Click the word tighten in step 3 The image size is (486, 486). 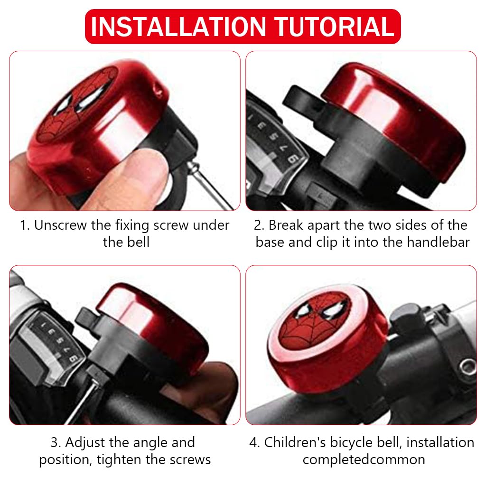click(147, 459)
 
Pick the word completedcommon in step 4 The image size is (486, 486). click(364, 459)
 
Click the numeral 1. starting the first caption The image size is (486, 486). click(25, 225)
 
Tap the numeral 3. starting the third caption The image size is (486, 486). click(56, 442)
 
